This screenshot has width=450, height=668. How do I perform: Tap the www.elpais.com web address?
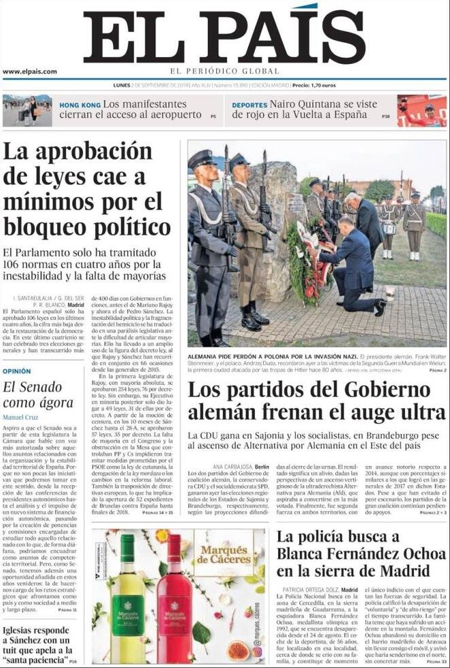click(30, 71)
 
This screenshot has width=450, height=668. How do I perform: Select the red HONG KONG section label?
click(79, 105)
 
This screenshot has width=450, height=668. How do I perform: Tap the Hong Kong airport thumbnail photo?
click(27, 110)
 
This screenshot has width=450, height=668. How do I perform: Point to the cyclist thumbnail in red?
click(421, 110)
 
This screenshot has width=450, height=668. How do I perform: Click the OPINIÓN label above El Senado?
click(17, 371)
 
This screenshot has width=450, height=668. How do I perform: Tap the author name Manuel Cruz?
click(21, 416)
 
